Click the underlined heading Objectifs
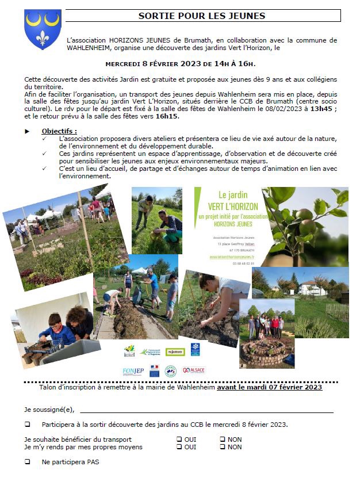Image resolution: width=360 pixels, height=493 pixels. [x=59, y=131]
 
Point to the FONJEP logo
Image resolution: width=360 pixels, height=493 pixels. [x=133, y=371]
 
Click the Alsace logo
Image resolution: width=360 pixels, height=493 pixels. [x=193, y=370]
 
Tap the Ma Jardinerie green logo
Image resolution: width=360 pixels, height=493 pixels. [x=175, y=351]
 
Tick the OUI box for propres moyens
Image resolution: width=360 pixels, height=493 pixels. [x=179, y=447]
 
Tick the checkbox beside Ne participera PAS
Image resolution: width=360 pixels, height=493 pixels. [x=27, y=462]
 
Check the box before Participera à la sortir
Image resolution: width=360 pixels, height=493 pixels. [x=27, y=425]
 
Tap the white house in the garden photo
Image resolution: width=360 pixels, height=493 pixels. [x=311, y=287]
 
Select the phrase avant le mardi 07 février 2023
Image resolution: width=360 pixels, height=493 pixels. [x=269, y=388]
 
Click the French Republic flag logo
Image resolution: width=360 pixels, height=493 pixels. [x=154, y=371]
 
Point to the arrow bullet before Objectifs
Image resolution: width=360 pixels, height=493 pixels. [x=27, y=132]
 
